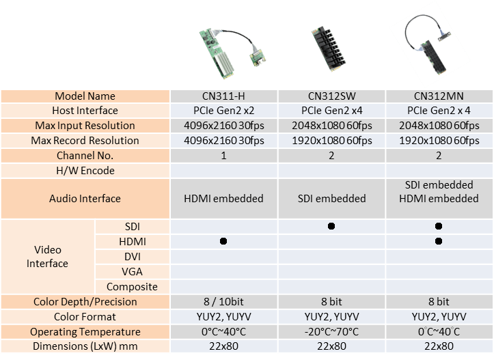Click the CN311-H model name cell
click(223, 96)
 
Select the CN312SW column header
click(331, 96)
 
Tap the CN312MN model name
click(439, 96)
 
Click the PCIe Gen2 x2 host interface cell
click(223, 111)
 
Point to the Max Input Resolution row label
click(85, 126)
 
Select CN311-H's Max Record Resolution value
click(223, 141)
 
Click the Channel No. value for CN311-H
click(223, 156)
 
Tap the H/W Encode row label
click(85, 171)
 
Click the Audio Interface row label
click(85, 199)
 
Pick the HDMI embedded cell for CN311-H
click(223, 199)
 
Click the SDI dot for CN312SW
click(331, 226)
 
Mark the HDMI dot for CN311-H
click(223, 241)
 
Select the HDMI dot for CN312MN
click(439, 241)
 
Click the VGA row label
click(132, 271)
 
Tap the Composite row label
click(132, 287)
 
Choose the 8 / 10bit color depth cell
click(223, 302)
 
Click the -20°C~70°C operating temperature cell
click(331, 332)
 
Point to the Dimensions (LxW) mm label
click(85, 346)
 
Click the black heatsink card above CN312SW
click(329, 49)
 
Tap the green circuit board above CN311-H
click(217, 53)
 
